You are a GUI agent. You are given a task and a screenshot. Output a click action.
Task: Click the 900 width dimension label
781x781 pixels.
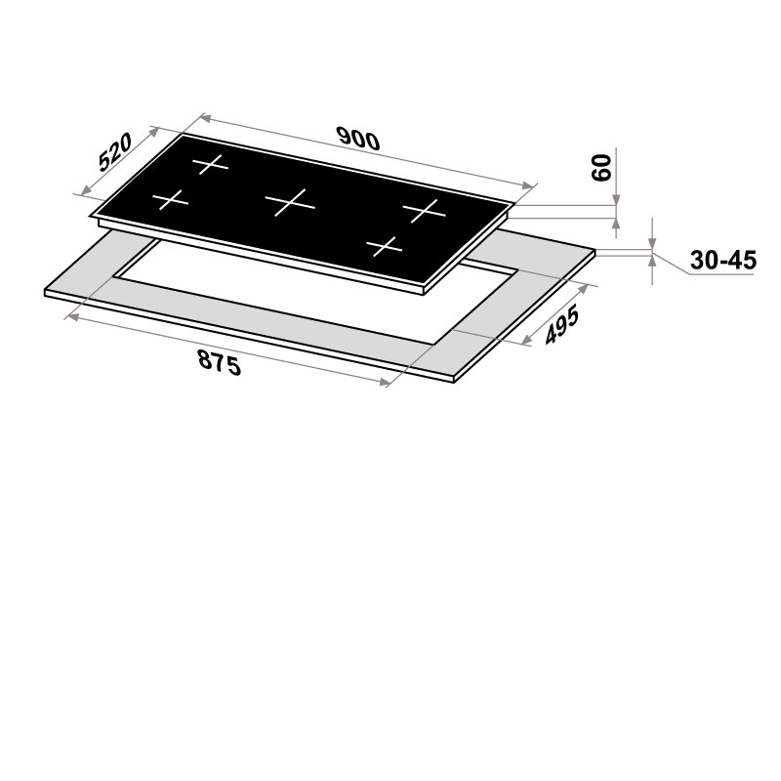(358, 139)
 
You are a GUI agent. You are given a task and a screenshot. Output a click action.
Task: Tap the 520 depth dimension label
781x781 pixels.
(115, 151)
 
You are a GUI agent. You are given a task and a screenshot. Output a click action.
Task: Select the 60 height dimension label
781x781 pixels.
(601, 168)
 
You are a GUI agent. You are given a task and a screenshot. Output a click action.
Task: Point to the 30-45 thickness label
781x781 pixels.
(723, 260)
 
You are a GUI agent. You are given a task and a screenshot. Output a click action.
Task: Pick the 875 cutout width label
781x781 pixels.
(219, 362)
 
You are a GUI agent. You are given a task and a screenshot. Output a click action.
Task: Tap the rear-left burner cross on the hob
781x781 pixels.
(210, 164)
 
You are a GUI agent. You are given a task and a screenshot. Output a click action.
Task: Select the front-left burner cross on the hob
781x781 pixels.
(170, 200)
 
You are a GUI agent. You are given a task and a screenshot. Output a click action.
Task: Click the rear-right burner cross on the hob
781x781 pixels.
(424, 210)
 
